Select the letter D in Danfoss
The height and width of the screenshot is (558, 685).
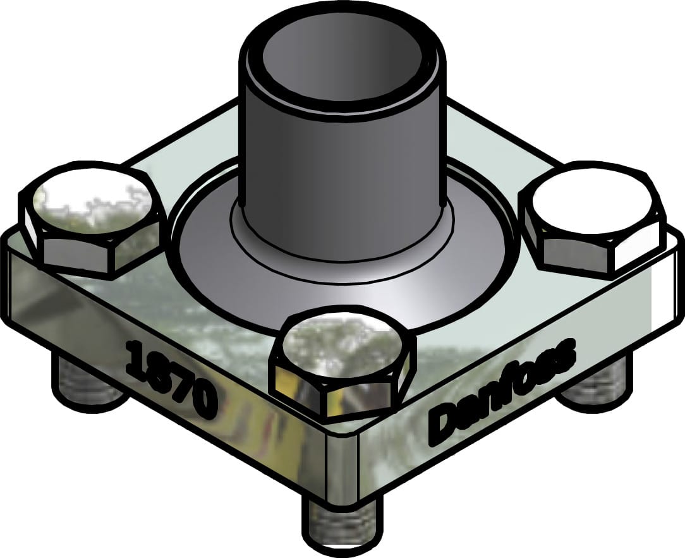[x=442, y=425]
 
